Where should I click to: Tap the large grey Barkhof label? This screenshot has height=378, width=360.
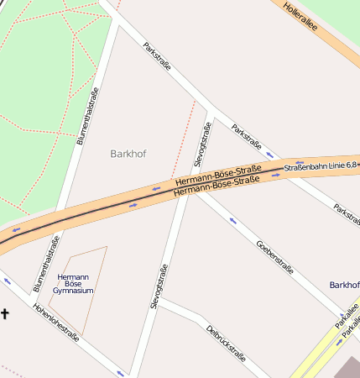point(128,154)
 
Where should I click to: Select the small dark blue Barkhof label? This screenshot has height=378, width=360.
point(344,286)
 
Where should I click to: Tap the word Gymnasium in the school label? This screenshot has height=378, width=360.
point(73,291)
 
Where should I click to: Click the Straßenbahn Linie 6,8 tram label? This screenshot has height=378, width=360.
point(321,166)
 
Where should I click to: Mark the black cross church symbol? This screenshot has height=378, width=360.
point(5,314)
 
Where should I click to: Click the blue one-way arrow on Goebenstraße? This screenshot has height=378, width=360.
point(232,222)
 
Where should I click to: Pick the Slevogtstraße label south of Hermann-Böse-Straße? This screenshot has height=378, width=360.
point(159,286)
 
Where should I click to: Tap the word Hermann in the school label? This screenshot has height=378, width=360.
point(73,276)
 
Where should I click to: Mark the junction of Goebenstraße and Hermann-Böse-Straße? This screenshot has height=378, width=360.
point(200,192)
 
